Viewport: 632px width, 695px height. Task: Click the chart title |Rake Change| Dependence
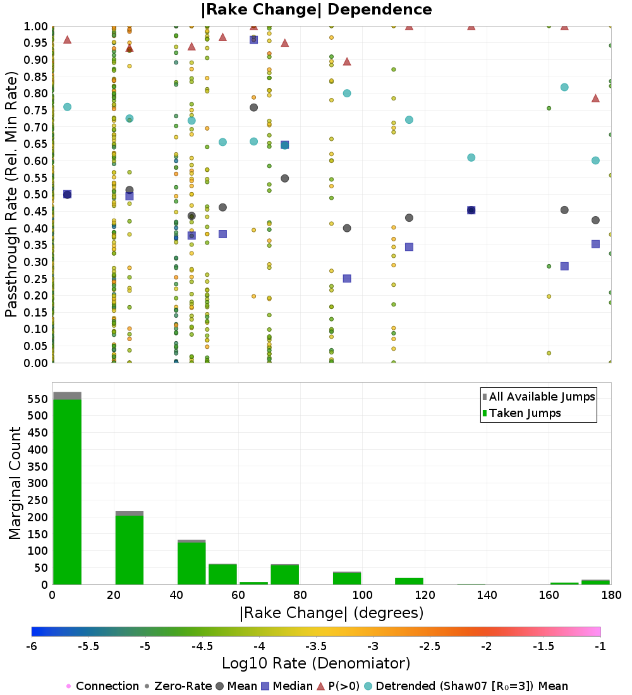[x=316, y=9]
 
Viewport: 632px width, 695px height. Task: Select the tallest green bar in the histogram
[x=67, y=492]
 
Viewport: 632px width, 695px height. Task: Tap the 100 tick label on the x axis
[x=362, y=595]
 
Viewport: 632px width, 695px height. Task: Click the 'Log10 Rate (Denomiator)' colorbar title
[x=316, y=663]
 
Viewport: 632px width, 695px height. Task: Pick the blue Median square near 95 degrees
[x=347, y=279]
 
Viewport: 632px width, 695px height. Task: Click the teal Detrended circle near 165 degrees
[x=564, y=87]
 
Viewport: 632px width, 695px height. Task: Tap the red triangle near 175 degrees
[x=595, y=99]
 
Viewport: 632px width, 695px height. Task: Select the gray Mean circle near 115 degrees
[x=409, y=218]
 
